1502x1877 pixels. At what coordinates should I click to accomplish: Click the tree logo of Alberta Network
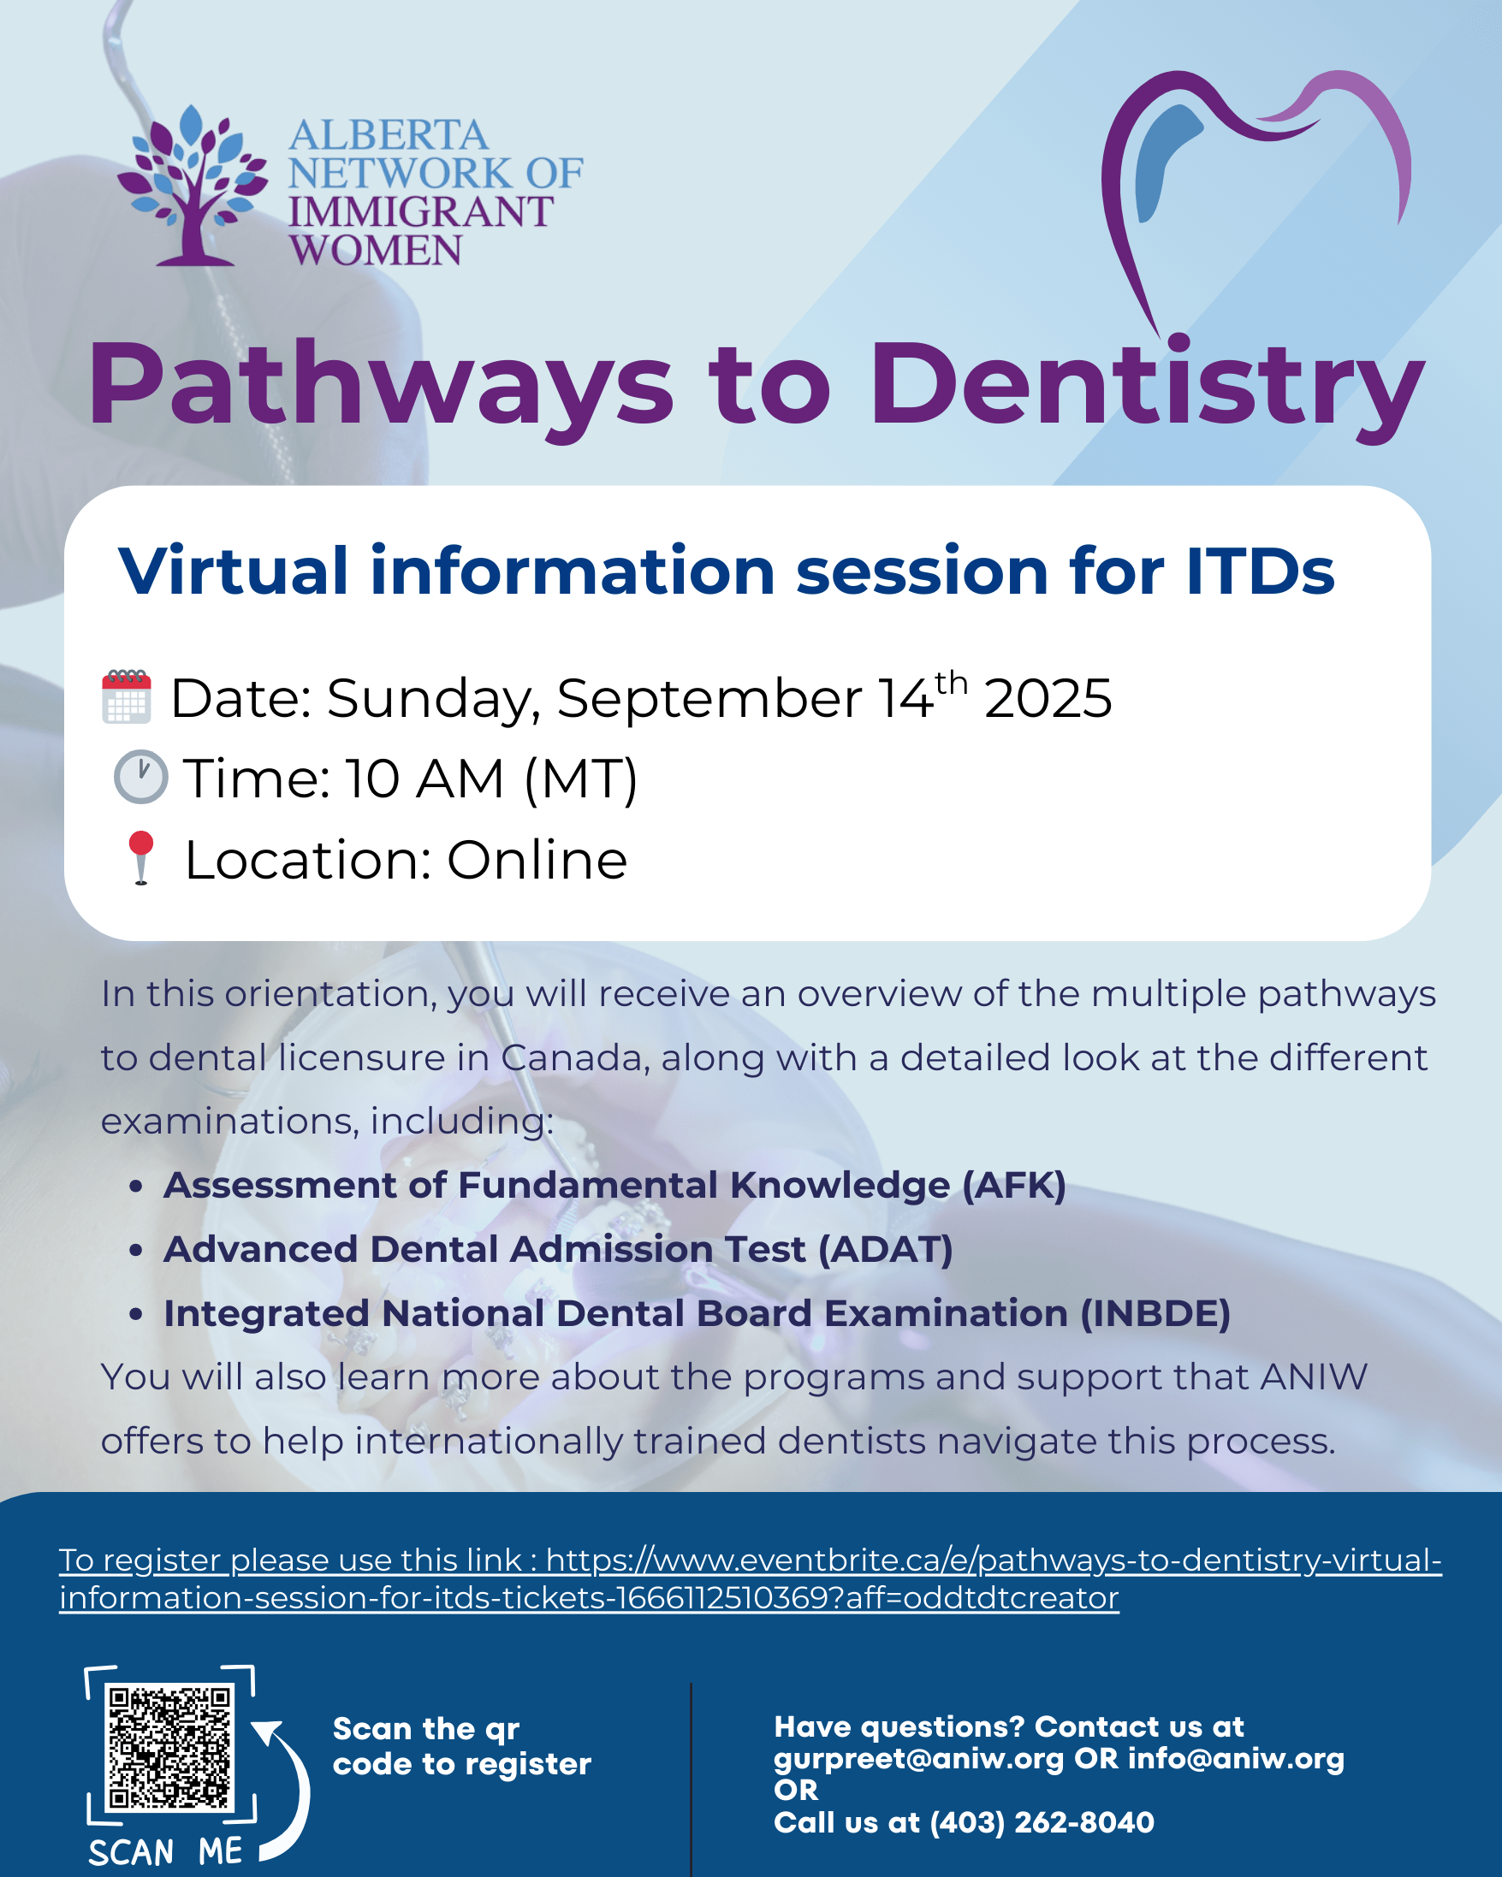(193, 186)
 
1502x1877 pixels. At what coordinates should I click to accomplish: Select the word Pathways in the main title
(381, 386)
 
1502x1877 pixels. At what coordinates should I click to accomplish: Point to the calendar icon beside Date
(128, 696)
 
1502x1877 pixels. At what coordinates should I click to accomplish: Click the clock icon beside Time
(140, 776)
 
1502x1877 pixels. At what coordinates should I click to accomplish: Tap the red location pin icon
(140, 857)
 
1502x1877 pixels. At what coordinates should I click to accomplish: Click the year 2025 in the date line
(1048, 698)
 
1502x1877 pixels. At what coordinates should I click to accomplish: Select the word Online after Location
(537, 860)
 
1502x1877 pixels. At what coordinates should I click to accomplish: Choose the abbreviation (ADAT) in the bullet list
(886, 1249)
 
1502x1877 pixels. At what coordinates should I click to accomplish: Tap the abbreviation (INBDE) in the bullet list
(1155, 1314)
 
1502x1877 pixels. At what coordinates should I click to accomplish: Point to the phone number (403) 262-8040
(1042, 1822)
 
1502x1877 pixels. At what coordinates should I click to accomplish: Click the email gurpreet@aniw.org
(918, 1760)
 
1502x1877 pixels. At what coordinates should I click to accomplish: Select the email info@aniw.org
(1237, 1759)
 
